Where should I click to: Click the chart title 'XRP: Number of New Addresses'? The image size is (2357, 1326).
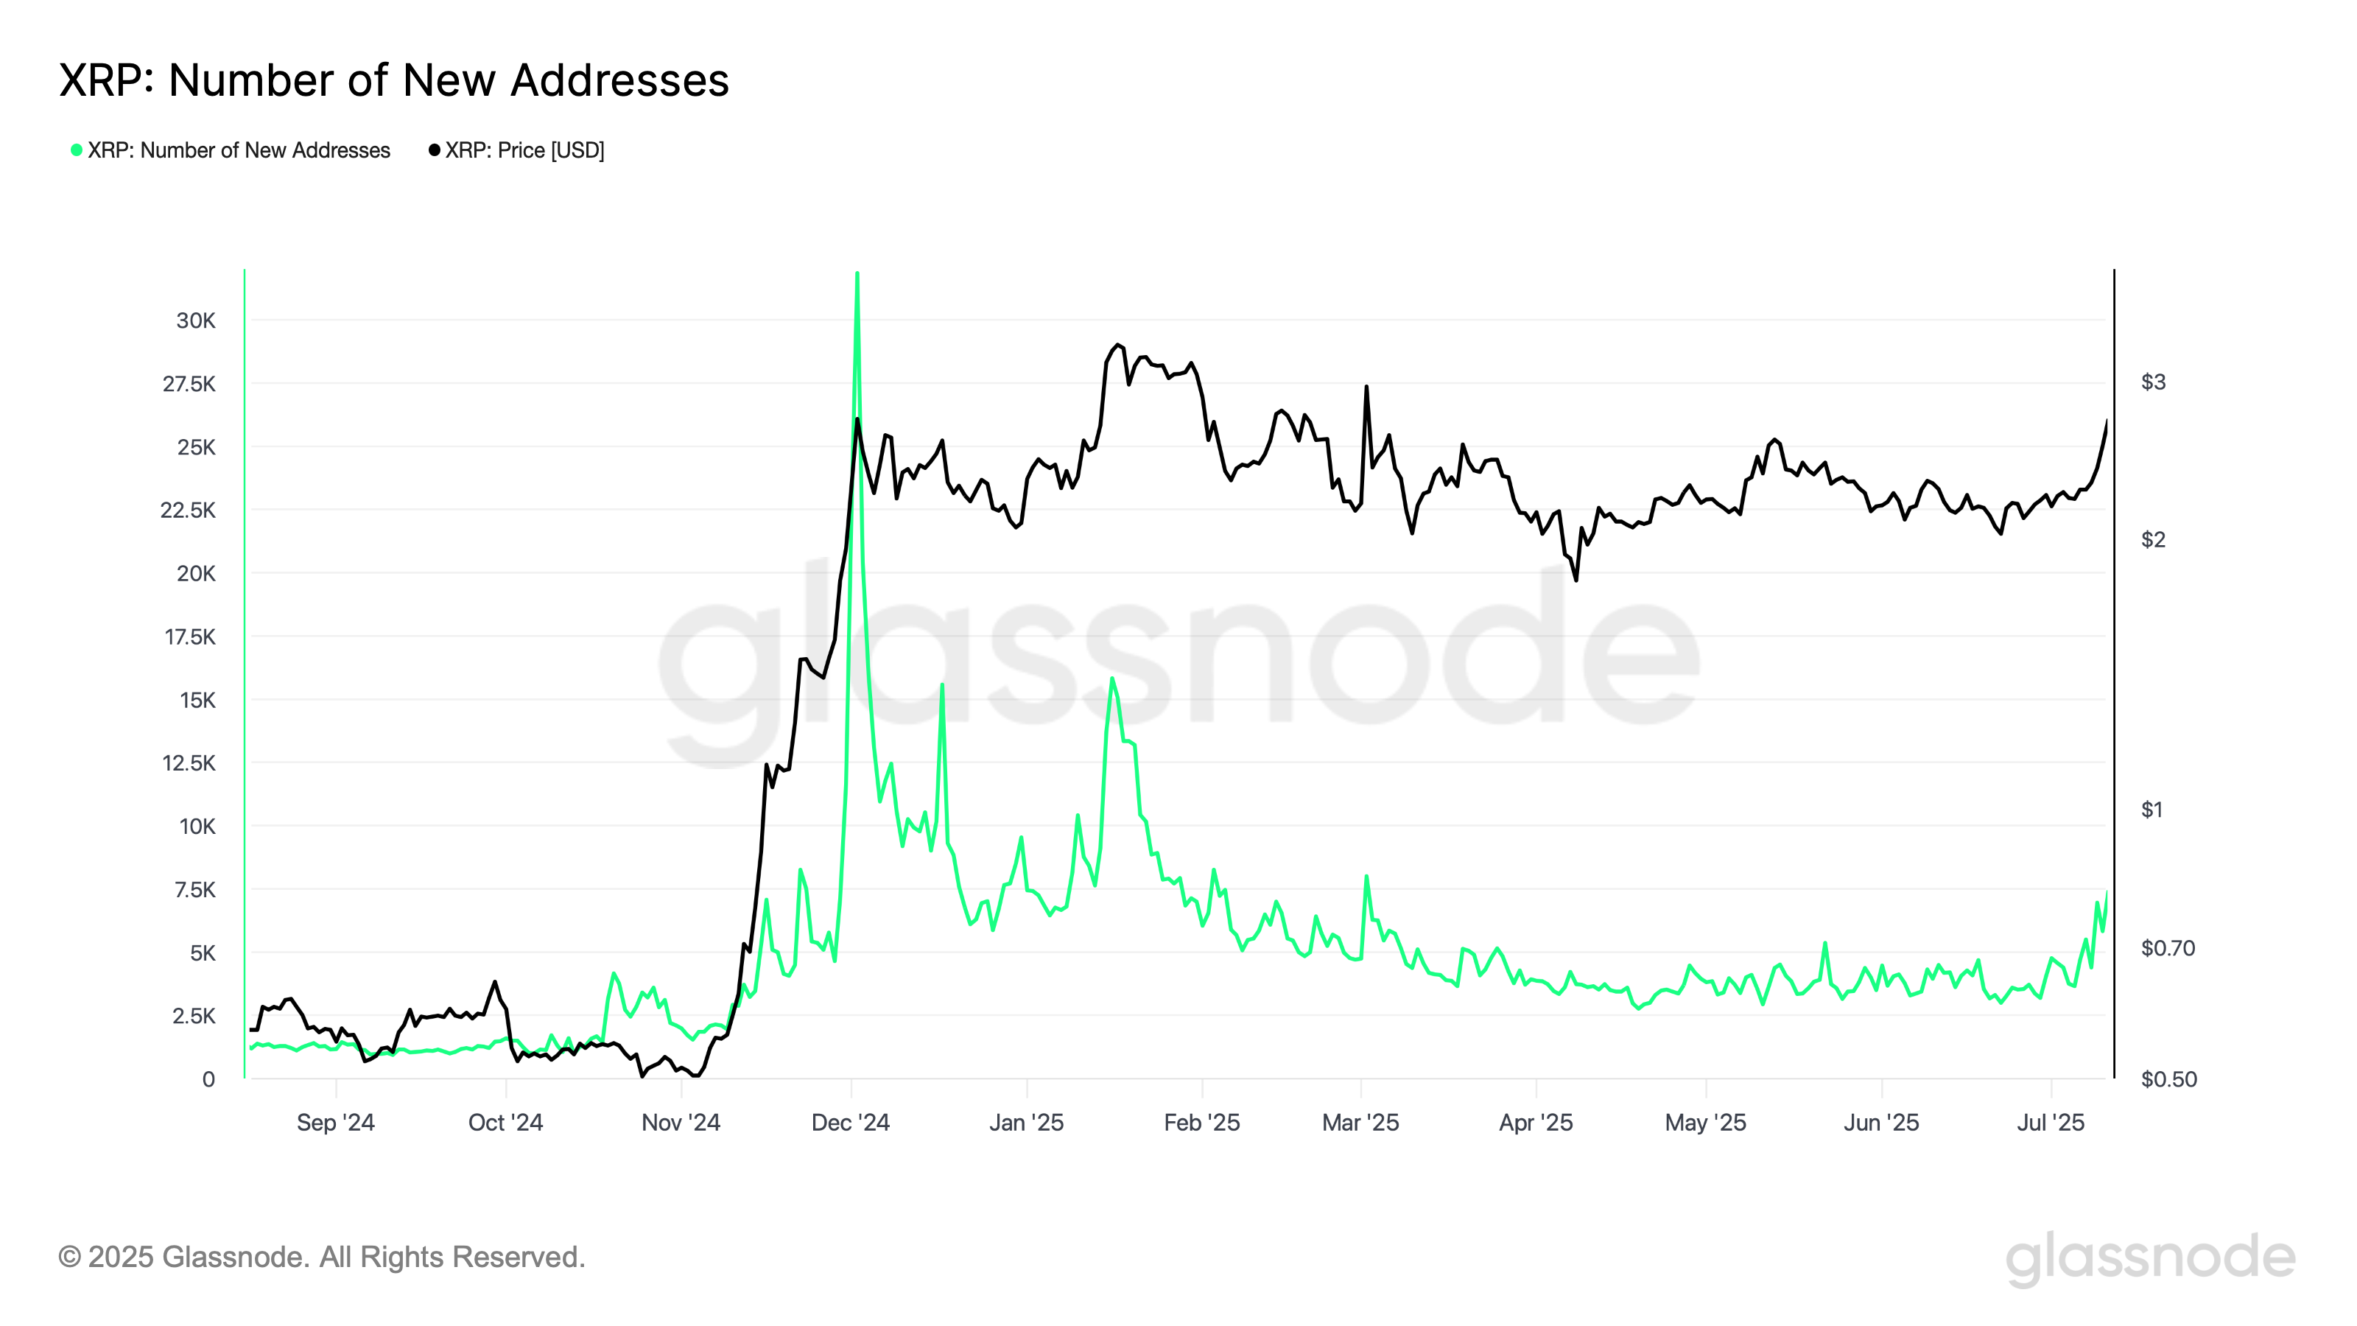click(x=393, y=80)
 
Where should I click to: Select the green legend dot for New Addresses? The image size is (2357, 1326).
click(x=77, y=150)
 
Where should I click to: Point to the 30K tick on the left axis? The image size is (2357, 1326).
click(x=196, y=320)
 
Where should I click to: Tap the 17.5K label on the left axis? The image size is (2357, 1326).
click(x=189, y=637)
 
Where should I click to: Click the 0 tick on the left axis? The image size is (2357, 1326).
click(x=208, y=1079)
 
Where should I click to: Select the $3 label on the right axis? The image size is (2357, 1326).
click(x=2153, y=382)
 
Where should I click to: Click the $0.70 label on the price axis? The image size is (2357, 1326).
click(x=2168, y=948)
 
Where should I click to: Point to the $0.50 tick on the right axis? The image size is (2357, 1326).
click(x=2168, y=1079)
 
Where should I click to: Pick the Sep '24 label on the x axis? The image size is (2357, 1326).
click(x=336, y=1123)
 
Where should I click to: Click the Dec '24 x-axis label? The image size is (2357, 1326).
click(x=850, y=1123)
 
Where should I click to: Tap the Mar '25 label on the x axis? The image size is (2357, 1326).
click(x=1360, y=1123)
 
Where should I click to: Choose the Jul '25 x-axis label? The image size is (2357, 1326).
click(x=2051, y=1123)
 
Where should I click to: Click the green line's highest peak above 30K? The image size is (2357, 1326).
click(x=857, y=273)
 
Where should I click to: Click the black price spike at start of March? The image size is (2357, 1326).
click(x=1366, y=386)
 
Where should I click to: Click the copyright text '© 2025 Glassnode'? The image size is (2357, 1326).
click(x=321, y=1257)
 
